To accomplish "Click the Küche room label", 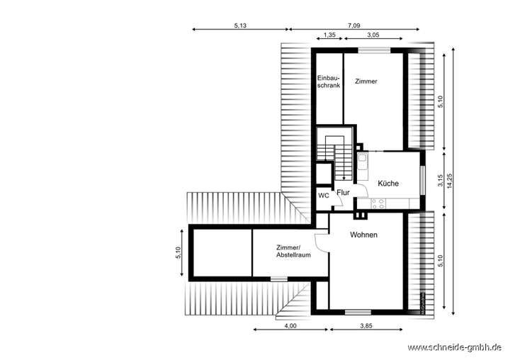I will [387, 183].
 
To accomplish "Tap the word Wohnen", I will [363, 235].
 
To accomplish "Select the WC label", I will [323, 195].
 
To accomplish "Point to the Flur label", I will [344, 192].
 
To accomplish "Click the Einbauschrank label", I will [329, 81].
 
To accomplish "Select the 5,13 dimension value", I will [240, 25].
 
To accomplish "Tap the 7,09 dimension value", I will [353, 25].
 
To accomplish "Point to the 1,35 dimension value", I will [329, 34].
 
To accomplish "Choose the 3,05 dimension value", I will [372, 34].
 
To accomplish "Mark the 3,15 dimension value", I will [440, 180].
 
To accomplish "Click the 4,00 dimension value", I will [290, 325].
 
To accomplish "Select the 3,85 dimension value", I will [365, 325].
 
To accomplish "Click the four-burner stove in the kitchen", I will [378, 203].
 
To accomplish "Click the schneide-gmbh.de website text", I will [458, 347].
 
